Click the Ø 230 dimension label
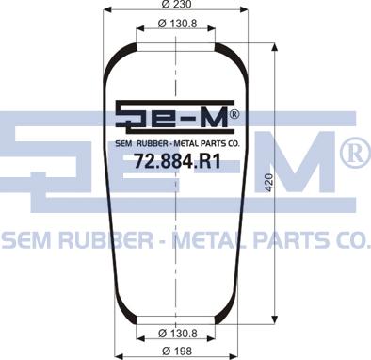click(x=176, y=5)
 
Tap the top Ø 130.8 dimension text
click(x=177, y=24)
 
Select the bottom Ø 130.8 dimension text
click(x=178, y=333)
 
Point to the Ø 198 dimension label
click(x=177, y=351)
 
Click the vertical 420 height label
click(x=269, y=182)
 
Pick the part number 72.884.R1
click(x=177, y=161)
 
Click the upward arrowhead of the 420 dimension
click(x=274, y=48)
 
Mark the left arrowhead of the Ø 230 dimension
click(x=107, y=9)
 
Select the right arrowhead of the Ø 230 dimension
click(x=244, y=9)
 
